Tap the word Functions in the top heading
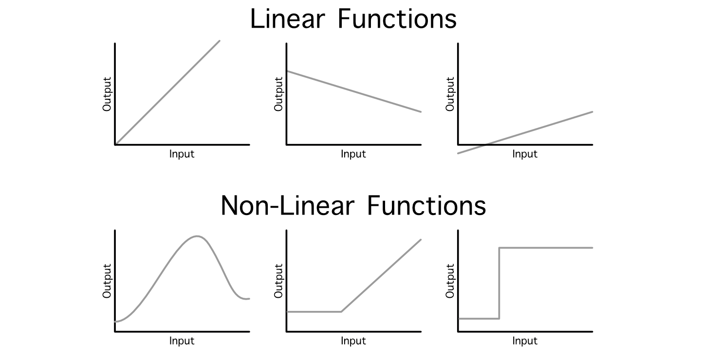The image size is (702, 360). (397, 19)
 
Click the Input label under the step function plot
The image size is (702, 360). (525, 341)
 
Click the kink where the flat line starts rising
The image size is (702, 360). (341, 311)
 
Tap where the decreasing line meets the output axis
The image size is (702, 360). (287, 71)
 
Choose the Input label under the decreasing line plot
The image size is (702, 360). (353, 154)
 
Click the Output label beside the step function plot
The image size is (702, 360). (450, 281)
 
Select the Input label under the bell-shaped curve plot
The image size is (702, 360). (182, 341)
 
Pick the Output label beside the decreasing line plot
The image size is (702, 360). (279, 94)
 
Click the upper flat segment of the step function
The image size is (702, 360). (545, 248)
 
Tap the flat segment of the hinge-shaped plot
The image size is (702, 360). (314, 311)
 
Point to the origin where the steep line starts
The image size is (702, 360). (115, 144)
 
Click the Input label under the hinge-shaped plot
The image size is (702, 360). (353, 341)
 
